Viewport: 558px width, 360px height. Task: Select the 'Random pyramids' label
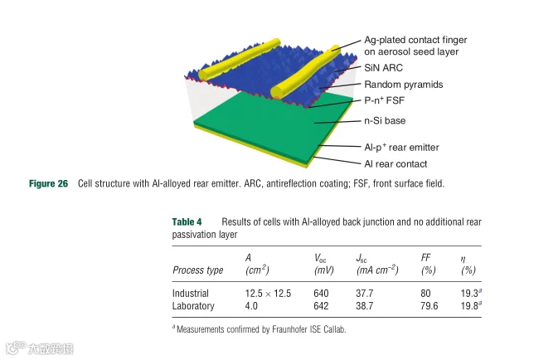[x=404, y=85]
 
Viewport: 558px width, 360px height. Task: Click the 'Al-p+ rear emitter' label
[x=401, y=147]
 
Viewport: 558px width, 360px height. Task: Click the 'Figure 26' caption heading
[x=48, y=183]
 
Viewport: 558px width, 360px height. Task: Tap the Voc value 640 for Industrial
[x=323, y=293]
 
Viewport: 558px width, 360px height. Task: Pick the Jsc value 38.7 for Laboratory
[x=366, y=306]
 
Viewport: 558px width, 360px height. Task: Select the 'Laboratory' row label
[x=194, y=306]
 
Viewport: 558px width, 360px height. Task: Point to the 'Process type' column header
[x=198, y=270]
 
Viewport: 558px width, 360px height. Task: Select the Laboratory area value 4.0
[x=253, y=306]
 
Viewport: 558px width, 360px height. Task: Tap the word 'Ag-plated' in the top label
[x=386, y=40]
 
